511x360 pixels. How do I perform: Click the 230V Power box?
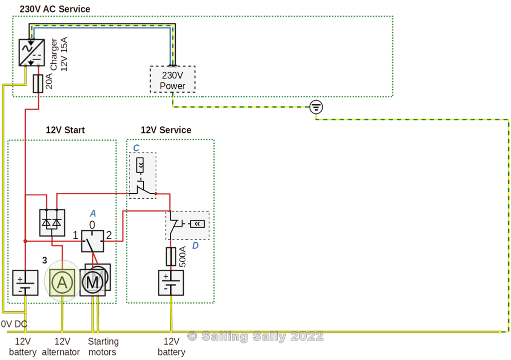pyautogui.click(x=172, y=79)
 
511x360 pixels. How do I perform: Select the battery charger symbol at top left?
pyautogui.click(x=31, y=52)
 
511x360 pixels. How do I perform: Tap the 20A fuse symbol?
pyautogui.click(x=38, y=83)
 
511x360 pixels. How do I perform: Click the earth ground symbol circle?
pyautogui.click(x=316, y=106)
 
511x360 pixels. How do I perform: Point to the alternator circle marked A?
pyautogui.click(x=62, y=283)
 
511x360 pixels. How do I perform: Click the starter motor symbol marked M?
pyautogui.click(x=93, y=283)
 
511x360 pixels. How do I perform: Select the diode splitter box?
pyautogui.click(x=52, y=222)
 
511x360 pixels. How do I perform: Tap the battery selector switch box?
pyautogui.click(x=93, y=241)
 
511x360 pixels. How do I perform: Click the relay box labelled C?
pyautogui.click(x=142, y=176)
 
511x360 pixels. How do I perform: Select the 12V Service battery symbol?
pyautogui.click(x=171, y=283)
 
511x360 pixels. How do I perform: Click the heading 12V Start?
pyautogui.click(x=65, y=130)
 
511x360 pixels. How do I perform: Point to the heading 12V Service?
pyautogui.click(x=166, y=130)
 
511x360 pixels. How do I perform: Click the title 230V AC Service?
pyautogui.click(x=55, y=9)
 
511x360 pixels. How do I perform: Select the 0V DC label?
pyautogui.click(x=14, y=324)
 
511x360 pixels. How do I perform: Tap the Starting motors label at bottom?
pyautogui.click(x=103, y=347)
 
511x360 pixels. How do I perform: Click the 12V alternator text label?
pyautogui.click(x=60, y=347)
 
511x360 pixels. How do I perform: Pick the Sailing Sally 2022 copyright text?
pyautogui.click(x=255, y=337)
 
